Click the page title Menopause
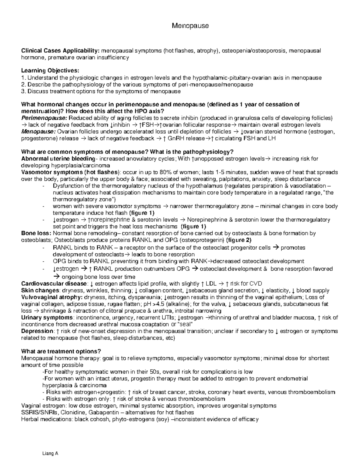[x=190, y=26]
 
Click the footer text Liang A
[x=50, y=454]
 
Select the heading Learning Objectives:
[x=50, y=71]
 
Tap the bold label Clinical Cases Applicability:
[x=61, y=51]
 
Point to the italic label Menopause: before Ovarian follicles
[x=38, y=132]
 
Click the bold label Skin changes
[x=40, y=290]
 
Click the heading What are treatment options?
[x=61, y=351]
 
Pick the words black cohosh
[x=92, y=419]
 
